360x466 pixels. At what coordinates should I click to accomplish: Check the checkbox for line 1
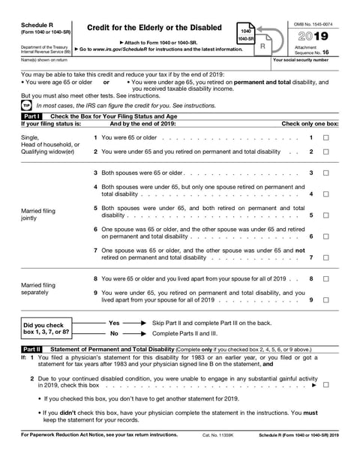325,138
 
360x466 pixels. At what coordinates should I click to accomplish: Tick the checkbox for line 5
325,215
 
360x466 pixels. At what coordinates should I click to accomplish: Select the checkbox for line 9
325,300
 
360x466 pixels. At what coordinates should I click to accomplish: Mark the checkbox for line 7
325,257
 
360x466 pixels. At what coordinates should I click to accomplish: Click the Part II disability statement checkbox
325,383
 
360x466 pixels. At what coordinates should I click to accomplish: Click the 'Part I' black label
32,117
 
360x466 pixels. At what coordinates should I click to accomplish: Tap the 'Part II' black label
32,350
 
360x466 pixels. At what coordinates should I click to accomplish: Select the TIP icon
27,106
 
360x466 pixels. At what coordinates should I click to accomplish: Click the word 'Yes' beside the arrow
114,322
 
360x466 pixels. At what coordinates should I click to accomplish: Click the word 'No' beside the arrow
114,332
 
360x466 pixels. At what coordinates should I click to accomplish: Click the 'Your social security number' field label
301,59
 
